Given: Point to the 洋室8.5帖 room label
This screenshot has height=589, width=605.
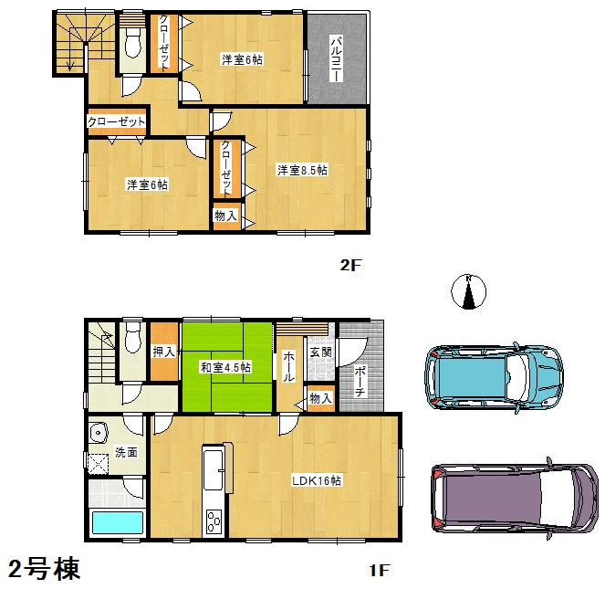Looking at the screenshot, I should pos(302,170).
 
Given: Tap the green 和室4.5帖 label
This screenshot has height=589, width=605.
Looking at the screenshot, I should pos(226,368).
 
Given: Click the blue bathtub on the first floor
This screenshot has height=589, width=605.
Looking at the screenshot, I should pos(118,524).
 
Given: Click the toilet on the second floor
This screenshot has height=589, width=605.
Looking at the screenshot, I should pos(132,43).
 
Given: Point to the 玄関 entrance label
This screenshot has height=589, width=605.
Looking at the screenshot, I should pos(319,352).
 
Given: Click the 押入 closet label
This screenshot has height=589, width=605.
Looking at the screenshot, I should pos(164,352).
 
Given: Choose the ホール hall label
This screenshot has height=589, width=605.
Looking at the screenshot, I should pos(287,365).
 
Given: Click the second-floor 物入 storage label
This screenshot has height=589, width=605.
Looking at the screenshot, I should pos(226,216).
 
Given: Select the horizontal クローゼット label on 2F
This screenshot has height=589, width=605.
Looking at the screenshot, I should pos(116,121).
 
